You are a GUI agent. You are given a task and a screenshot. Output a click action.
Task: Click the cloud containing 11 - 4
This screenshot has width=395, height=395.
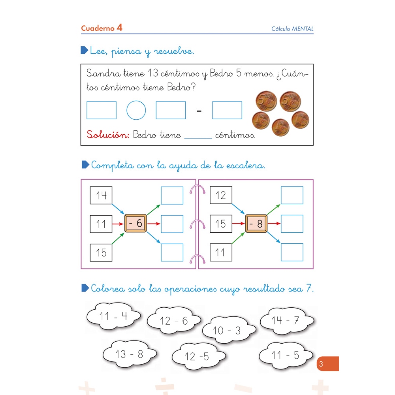coord(113,316)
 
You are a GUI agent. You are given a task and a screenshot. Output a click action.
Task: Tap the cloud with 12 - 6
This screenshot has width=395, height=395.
coord(174,321)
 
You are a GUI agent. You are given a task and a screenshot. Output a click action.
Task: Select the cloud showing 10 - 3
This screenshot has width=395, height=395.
coord(229,330)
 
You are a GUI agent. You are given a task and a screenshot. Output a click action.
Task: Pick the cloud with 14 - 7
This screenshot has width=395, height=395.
coord(287,321)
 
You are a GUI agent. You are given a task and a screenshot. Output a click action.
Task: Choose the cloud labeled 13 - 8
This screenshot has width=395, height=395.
coord(130,354)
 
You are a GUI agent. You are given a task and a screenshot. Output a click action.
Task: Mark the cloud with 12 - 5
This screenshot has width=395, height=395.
coord(199,356)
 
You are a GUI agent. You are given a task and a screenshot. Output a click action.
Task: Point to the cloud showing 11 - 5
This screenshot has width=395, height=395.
coord(286,355)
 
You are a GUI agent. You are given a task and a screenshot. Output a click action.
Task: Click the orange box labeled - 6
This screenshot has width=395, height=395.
coord(135,223)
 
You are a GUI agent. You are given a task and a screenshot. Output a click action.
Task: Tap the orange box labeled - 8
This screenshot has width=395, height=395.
coord(256,224)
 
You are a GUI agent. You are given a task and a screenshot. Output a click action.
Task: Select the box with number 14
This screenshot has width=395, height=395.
coord(101,195)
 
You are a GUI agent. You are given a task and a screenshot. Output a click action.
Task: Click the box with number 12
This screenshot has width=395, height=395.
coord(221,195)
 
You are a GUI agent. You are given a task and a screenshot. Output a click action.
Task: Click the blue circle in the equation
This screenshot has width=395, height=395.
coord(136,110)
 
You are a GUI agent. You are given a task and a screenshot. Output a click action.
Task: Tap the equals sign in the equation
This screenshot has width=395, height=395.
coord(199,111)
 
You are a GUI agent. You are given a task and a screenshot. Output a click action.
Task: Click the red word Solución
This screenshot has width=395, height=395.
coord(108,135)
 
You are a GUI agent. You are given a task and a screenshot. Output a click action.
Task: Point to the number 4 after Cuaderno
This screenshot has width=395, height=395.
coord(119,27)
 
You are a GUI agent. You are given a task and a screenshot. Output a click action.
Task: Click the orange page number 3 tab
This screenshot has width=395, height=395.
coord(328,363)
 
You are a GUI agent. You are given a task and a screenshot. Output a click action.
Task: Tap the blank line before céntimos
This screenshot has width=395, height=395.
coord(198,138)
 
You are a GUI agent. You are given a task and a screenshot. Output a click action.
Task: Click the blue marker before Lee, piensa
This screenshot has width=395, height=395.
coord(85,50)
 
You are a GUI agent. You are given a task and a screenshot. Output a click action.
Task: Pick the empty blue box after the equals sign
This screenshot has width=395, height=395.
coord(227,110)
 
